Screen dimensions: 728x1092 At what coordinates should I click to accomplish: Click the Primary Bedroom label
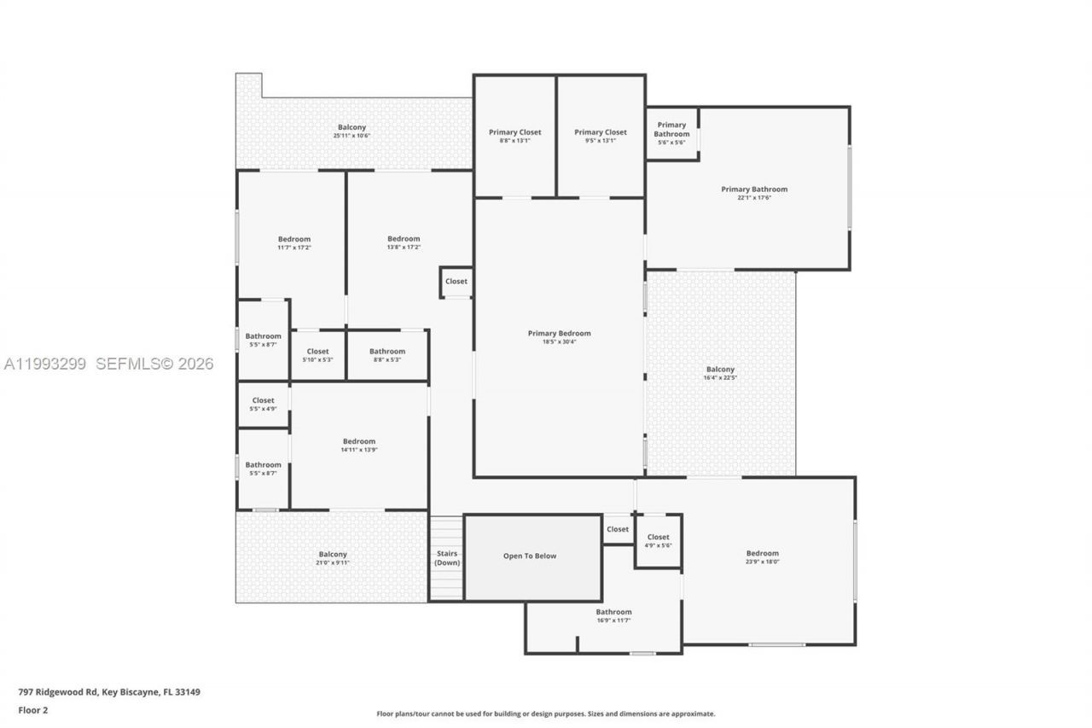(559, 334)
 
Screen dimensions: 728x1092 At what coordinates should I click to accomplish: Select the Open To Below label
(529, 556)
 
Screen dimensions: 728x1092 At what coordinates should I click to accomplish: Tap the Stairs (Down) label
(447, 559)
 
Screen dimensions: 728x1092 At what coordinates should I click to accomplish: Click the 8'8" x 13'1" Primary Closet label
(514, 132)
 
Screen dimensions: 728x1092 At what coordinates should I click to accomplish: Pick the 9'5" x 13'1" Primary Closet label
(600, 132)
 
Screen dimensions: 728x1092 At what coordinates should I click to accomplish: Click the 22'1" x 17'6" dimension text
(754, 198)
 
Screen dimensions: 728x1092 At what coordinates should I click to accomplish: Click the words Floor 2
(33, 710)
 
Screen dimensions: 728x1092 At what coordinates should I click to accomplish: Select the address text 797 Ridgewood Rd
(59, 692)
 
